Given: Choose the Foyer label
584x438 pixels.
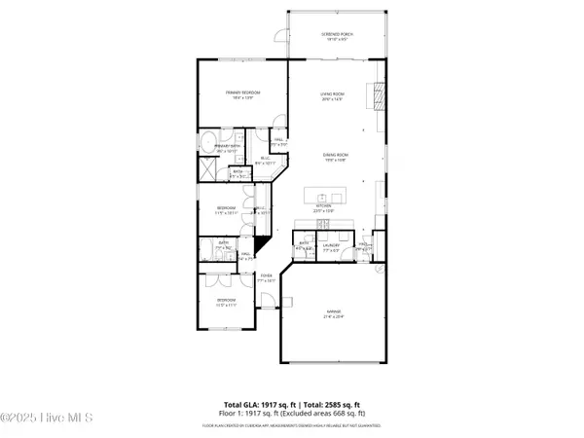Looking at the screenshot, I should (266, 277).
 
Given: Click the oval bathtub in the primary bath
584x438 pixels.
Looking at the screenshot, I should (211, 143).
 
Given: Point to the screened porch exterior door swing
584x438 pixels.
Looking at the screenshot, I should (280, 37).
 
